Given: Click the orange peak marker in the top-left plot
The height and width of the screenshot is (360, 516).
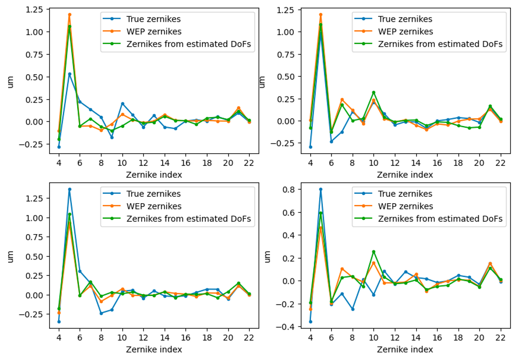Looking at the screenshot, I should [69, 15].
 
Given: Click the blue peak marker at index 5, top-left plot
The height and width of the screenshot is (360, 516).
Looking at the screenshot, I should [69, 74].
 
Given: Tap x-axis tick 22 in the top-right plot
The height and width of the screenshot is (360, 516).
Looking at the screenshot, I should [501, 163].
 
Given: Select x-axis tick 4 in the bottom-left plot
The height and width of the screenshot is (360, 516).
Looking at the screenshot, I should [59, 338].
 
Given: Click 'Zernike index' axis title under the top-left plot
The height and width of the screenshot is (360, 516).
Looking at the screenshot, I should [154, 175].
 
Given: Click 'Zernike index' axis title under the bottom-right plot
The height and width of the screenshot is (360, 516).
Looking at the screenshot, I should [405, 349].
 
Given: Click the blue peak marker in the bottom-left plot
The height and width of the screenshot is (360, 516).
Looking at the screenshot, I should [69, 189].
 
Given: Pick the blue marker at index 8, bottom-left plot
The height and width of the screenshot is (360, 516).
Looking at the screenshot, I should [101, 313].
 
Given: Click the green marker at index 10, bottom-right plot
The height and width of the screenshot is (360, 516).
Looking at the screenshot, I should [373, 251].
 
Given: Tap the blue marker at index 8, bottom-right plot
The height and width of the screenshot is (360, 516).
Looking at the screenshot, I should [352, 309].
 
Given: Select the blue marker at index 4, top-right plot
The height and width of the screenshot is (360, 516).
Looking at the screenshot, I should [310, 147].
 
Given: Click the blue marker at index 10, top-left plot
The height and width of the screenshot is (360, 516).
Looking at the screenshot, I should [122, 104].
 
